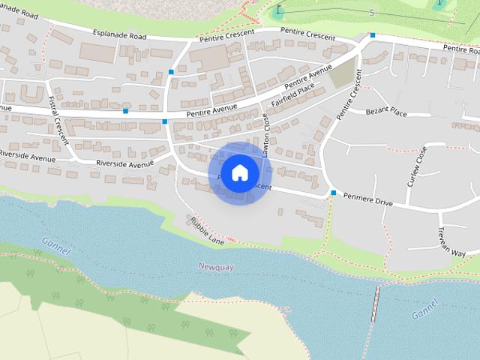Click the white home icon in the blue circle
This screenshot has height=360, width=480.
[x=239, y=172]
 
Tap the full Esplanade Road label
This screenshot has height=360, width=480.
[x=118, y=34]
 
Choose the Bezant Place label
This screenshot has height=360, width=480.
[x=386, y=112]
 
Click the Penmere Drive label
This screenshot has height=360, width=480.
[x=367, y=201]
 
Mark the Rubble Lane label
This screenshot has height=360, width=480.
[x=207, y=231]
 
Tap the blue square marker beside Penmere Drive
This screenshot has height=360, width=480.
[x=333, y=193]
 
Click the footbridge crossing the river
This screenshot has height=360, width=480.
[x=376, y=303]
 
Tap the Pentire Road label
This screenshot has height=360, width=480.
[x=460, y=48]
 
